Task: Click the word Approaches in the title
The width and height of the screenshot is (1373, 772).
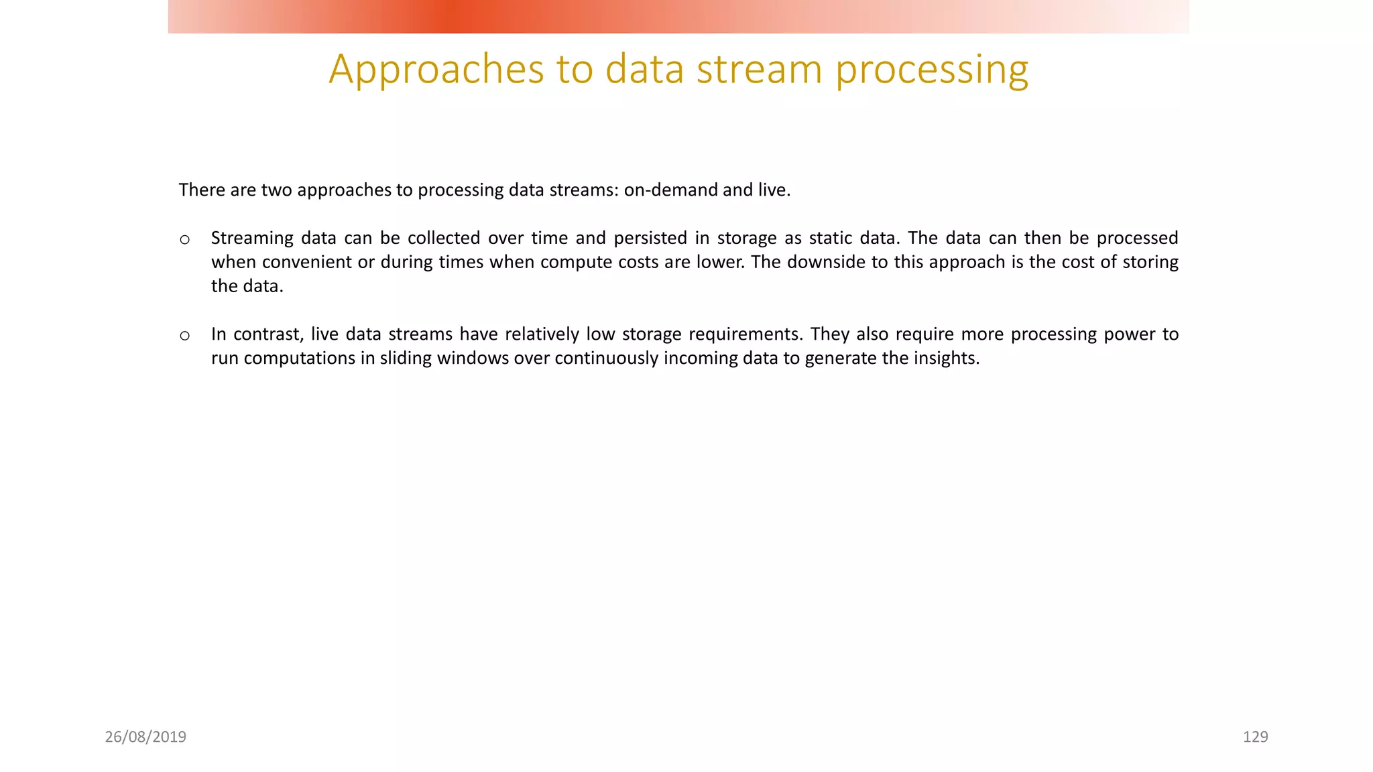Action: point(436,70)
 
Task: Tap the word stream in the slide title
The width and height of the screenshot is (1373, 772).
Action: point(759,70)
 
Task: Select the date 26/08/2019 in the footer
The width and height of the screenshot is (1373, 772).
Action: point(145,737)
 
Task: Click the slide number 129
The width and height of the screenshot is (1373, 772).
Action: point(1255,737)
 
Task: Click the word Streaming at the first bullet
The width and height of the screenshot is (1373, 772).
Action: point(252,239)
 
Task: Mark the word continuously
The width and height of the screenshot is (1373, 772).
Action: point(606,359)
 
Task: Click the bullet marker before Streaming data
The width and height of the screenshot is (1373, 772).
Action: point(185,239)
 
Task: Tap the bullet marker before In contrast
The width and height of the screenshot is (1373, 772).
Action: point(185,335)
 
